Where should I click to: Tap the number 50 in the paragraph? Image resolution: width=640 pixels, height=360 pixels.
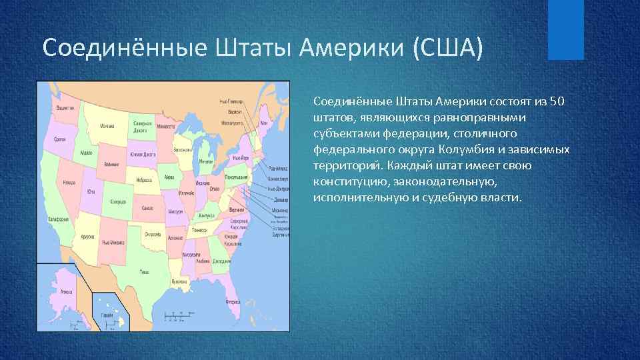(x=557, y=101)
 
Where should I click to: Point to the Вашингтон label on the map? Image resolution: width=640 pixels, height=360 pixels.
(x=65, y=107)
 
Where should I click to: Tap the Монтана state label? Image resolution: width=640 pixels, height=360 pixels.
(x=107, y=125)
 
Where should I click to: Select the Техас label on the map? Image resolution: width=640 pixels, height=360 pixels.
(x=145, y=272)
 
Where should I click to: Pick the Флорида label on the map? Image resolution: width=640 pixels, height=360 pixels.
(x=233, y=301)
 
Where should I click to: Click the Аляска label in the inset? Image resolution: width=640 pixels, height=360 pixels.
(x=66, y=291)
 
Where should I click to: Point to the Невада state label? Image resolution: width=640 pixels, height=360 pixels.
(x=69, y=181)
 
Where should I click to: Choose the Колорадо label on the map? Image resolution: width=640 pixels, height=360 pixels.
(x=119, y=201)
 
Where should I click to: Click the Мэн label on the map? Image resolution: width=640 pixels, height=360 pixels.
(x=264, y=123)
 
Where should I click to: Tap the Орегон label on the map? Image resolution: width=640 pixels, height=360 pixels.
(x=59, y=139)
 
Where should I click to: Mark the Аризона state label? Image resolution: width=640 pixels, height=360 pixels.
(x=87, y=236)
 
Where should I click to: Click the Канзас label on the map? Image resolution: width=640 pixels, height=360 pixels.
(x=147, y=208)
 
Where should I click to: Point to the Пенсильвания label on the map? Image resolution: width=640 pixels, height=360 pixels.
(x=233, y=177)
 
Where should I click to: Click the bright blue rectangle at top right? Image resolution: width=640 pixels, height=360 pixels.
(x=565, y=30)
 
